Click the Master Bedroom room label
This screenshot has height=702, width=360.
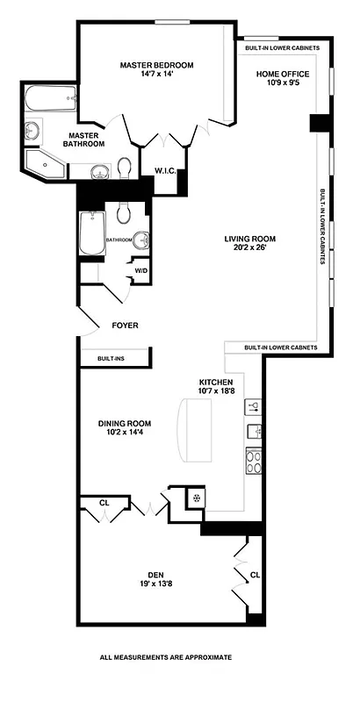click(156, 65)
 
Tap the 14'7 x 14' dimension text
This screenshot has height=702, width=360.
click(156, 75)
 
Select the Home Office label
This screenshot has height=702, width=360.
click(279, 75)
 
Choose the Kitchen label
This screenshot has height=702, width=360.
click(215, 383)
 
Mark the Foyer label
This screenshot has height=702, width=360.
click(125, 326)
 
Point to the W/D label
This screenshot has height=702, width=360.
click(140, 270)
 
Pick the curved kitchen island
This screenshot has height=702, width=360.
click(196, 430)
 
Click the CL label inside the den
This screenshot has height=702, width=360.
click(254, 576)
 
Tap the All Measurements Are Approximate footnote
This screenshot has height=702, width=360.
click(166, 656)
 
